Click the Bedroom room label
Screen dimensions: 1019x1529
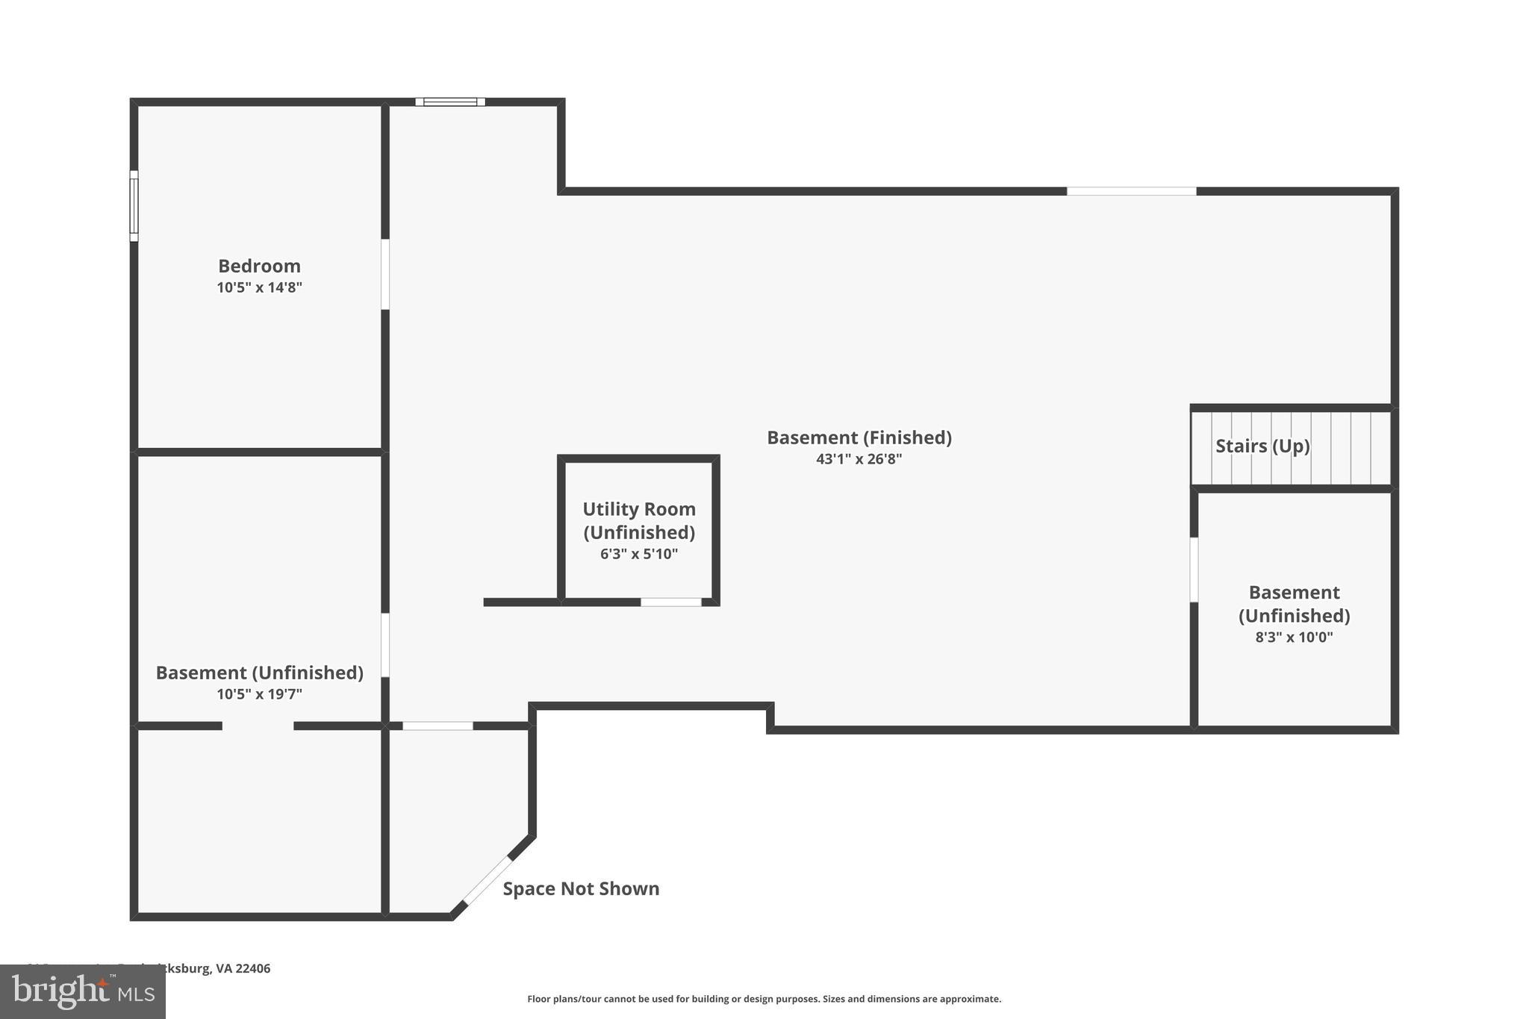[259, 266]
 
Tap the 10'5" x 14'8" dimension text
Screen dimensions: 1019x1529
[259, 287]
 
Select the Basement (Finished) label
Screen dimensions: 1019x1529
[859, 437]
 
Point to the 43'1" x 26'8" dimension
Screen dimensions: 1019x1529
[859, 459]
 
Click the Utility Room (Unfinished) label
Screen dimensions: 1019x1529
[638, 520]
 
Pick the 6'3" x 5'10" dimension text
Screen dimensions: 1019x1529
[638, 554]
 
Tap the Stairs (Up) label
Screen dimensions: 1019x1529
[1262, 446]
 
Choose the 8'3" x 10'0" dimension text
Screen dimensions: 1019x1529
[1293, 637]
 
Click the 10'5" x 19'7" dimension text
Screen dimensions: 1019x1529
[259, 694]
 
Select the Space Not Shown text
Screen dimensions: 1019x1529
[581, 888]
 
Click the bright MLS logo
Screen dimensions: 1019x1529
[82, 991]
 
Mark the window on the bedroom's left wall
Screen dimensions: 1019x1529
[134, 205]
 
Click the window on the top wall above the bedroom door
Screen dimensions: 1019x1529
[450, 102]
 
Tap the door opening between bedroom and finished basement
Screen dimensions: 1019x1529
[385, 274]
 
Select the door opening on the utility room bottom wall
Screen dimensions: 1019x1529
[670, 602]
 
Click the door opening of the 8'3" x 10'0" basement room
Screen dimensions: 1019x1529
[1194, 570]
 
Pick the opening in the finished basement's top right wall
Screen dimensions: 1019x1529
[1130, 191]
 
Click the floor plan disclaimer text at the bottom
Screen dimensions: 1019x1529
[764, 999]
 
